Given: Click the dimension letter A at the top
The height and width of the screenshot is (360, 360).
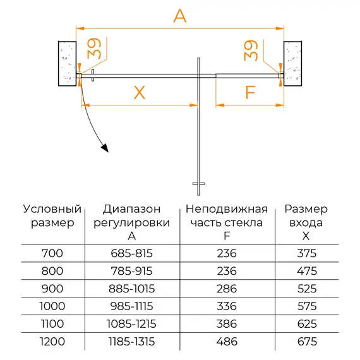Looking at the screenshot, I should pos(180,16).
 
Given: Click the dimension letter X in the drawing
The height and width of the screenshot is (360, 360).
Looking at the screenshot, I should pos(139,93).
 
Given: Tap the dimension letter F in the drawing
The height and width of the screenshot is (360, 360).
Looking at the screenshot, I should pos(250,93).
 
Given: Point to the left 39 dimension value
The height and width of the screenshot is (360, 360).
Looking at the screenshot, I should pos(94,50).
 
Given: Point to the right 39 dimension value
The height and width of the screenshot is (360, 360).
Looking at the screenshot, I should pos(251,50).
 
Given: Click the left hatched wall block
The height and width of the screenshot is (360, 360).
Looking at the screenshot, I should pos(66,63).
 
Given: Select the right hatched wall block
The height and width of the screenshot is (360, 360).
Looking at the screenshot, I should pos(294,63).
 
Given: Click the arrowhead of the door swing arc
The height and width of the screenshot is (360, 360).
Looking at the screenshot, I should pos(104,148).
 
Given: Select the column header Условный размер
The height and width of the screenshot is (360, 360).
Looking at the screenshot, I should pos(52,215).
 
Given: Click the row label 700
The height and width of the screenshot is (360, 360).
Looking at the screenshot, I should pos(52,253).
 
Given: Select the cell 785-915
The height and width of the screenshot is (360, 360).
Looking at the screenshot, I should pos(131,271).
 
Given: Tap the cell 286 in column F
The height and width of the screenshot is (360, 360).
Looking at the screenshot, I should pos(227,289).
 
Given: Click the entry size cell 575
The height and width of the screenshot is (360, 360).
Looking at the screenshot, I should pos(306,306).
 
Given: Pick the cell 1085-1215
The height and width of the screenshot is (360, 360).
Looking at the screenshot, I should pos(131,324).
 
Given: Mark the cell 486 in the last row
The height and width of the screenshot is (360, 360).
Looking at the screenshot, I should pos(227,342).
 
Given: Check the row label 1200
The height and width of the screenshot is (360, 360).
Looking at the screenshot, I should pos(52,342).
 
